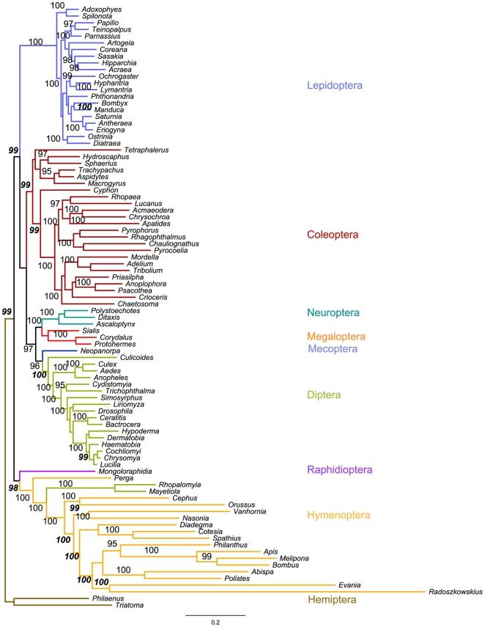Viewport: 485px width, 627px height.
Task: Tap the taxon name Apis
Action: point(270,551)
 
